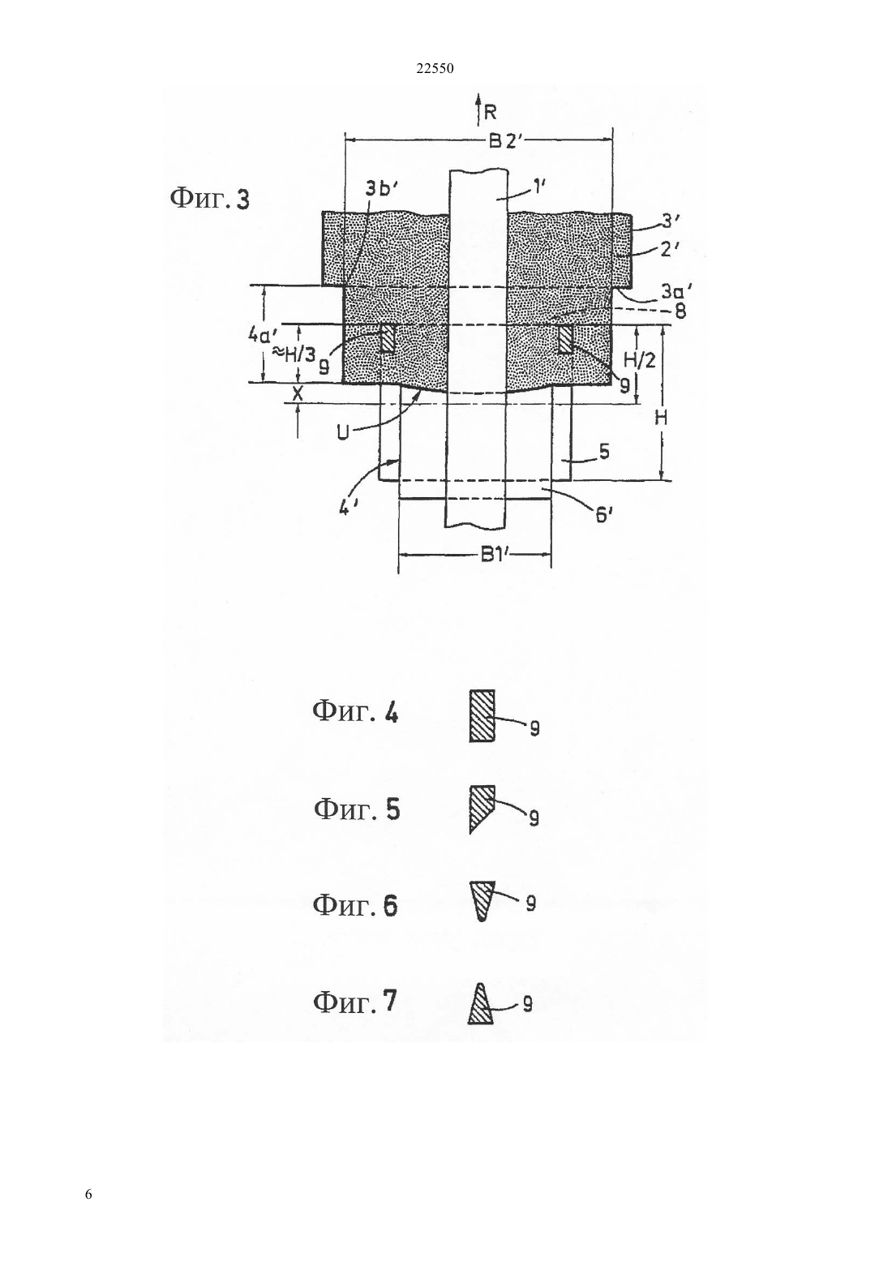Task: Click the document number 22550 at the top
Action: click(x=434, y=69)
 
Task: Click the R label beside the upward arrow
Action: click(x=490, y=113)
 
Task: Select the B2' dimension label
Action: click(x=506, y=141)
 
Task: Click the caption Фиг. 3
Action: click(x=209, y=199)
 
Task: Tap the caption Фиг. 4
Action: click(x=355, y=712)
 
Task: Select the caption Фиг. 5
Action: click(x=357, y=809)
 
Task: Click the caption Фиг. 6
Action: click(x=355, y=905)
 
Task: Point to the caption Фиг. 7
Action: click(x=355, y=1002)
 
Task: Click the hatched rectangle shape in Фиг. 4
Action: click(x=482, y=715)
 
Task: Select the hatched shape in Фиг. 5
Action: click(x=482, y=809)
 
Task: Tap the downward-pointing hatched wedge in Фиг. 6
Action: click(x=482, y=900)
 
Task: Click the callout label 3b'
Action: click(x=382, y=189)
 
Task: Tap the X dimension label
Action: click(x=298, y=394)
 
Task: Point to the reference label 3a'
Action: click(x=676, y=290)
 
